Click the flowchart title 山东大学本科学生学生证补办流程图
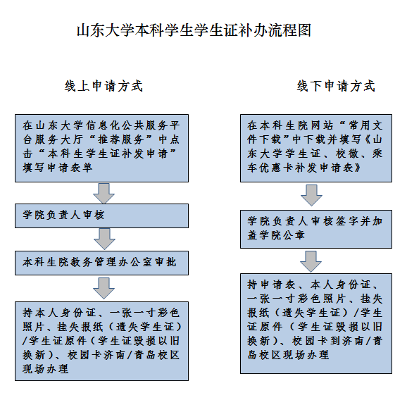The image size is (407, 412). pyautogui.click(x=194, y=30)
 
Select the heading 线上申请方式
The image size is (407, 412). pyautogui.click(x=104, y=86)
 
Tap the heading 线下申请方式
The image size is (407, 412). pyautogui.click(x=336, y=86)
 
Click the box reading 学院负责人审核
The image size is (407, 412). pyautogui.click(x=101, y=216)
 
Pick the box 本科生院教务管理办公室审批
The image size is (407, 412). pyautogui.click(x=101, y=263)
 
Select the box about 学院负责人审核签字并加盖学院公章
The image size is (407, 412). pyautogui.click(x=316, y=229)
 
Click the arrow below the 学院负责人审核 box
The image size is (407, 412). pyautogui.click(x=104, y=239)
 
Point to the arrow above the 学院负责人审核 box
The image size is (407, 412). pyautogui.click(x=104, y=194)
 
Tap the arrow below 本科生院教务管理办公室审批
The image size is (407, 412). pyautogui.click(x=104, y=289)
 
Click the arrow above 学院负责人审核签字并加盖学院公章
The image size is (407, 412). pyautogui.click(x=311, y=195)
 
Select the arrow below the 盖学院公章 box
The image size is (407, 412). pyautogui.click(x=311, y=261)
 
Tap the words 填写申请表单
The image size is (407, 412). pyautogui.click(x=58, y=168)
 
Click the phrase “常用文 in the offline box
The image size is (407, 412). pyautogui.click(x=361, y=125)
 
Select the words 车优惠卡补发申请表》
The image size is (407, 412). pyautogui.click(x=304, y=168)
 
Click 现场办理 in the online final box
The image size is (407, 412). pyautogui.click(x=46, y=369)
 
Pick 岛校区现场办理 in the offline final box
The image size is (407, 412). pyautogui.click(x=288, y=355)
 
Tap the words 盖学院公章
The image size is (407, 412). pyautogui.click(x=276, y=235)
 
